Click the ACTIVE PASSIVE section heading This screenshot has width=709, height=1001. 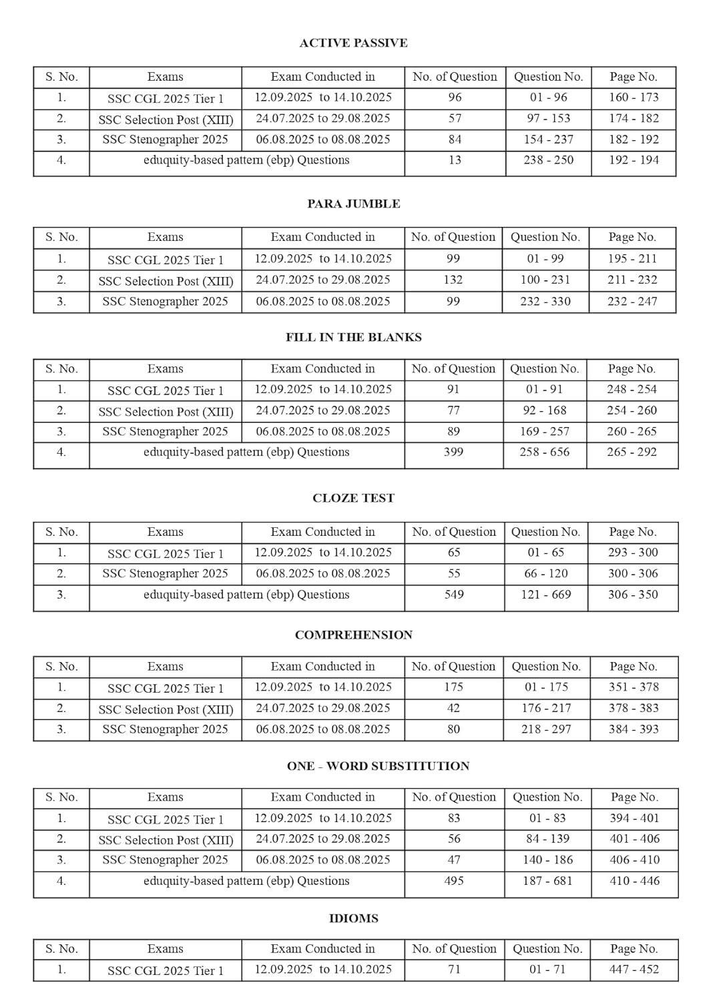pyautogui.click(x=353, y=43)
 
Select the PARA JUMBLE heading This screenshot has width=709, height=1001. pyautogui.click(x=353, y=204)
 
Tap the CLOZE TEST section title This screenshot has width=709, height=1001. pyautogui.click(x=353, y=498)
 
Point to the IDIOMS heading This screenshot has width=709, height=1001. pyautogui.click(x=353, y=918)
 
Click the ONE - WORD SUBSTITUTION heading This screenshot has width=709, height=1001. pyautogui.click(x=378, y=766)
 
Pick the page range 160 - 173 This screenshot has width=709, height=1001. pyautogui.click(x=633, y=97)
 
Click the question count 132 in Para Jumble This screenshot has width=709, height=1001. pyautogui.click(x=453, y=280)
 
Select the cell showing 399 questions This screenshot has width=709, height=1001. pyautogui.click(x=453, y=452)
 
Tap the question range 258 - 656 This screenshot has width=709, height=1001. pyautogui.click(x=545, y=452)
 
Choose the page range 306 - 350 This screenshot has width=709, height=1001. pyautogui.click(x=632, y=594)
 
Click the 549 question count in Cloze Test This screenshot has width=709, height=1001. pyautogui.click(x=454, y=594)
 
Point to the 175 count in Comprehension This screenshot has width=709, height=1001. pyautogui.click(x=453, y=687)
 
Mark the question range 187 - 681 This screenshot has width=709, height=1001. pyautogui.click(x=547, y=881)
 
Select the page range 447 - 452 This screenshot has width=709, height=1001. pyautogui.click(x=634, y=969)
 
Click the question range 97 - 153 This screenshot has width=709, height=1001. pyautogui.click(x=548, y=118)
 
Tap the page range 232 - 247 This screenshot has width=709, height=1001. pyautogui.click(x=632, y=301)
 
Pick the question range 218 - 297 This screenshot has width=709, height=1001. pyautogui.click(x=546, y=729)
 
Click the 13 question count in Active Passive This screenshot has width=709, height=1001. pyautogui.click(x=455, y=160)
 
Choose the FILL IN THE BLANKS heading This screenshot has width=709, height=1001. pyautogui.click(x=353, y=337)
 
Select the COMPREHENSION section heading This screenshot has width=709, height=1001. pyautogui.click(x=353, y=635)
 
